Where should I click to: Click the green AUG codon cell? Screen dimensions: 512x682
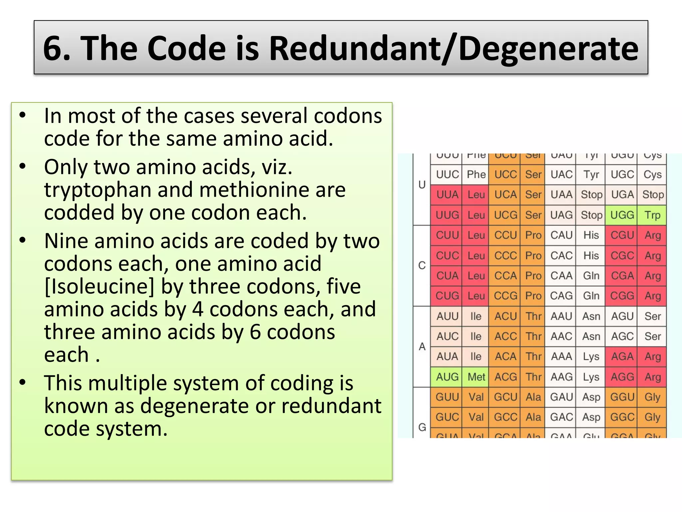click(x=447, y=377)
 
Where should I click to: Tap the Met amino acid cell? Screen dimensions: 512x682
click(x=476, y=377)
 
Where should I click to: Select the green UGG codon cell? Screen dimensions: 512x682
click(x=622, y=215)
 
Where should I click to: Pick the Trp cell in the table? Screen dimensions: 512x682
click(x=652, y=215)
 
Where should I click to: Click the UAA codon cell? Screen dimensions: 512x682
click(x=561, y=195)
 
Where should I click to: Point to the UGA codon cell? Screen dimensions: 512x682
click(x=622, y=195)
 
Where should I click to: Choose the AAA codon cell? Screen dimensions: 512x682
click(x=561, y=357)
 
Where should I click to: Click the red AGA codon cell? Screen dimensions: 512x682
click(x=622, y=357)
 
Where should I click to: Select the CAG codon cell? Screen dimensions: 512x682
click(x=561, y=296)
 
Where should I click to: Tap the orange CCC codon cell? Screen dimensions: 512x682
click(x=505, y=256)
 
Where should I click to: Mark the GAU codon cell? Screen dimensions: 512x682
click(x=561, y=397)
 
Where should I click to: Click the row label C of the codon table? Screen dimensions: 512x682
click(x=422, y=266)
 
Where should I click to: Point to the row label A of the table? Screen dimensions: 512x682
click(x=422, y=347)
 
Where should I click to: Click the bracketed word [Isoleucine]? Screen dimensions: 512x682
click(x=99, y=286)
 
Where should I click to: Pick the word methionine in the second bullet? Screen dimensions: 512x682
click(x=252, y=190)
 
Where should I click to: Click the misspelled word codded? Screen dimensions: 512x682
click(x=79, y=213)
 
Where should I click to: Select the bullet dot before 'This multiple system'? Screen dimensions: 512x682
click(x=22, y=382)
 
